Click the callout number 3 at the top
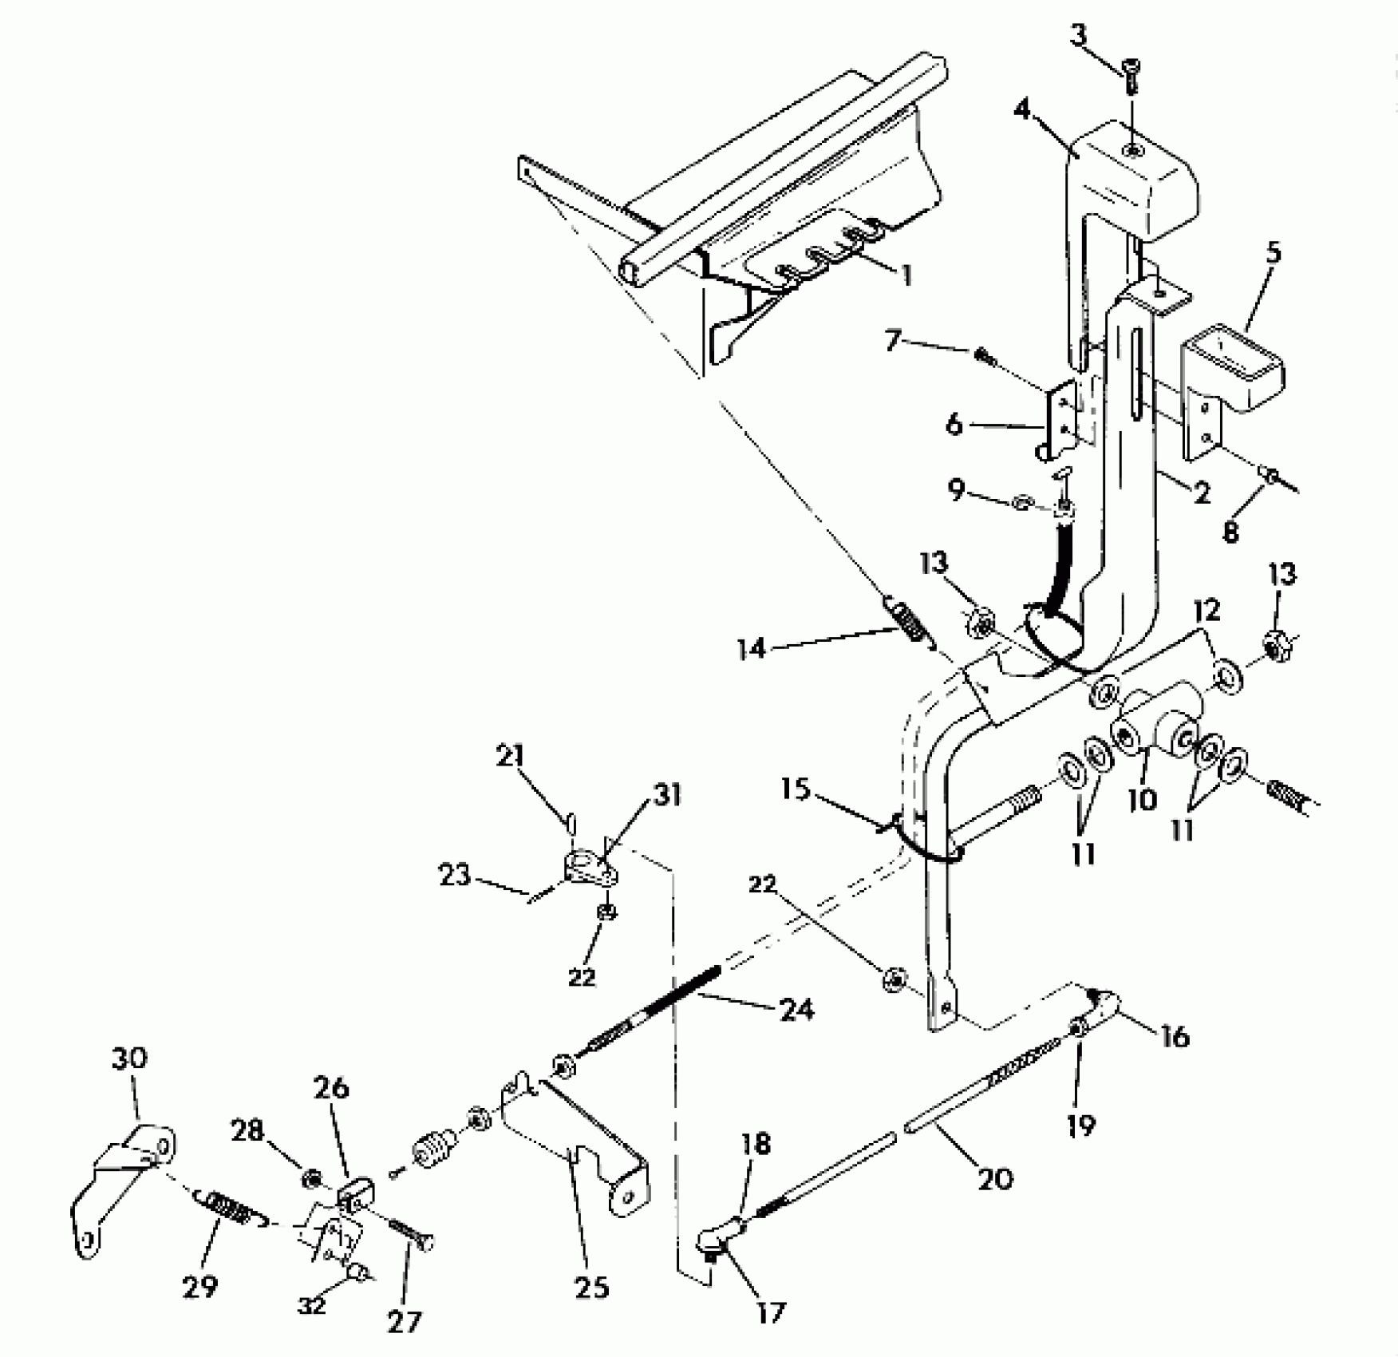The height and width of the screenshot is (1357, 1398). point(1079,38)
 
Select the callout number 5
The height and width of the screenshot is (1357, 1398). point(1273,254)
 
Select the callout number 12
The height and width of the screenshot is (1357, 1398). point(1206,611)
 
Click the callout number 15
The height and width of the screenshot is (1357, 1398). point(796,789)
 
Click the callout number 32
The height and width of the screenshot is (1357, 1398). point(311,1306)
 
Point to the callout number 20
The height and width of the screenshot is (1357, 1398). point(995,1178)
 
